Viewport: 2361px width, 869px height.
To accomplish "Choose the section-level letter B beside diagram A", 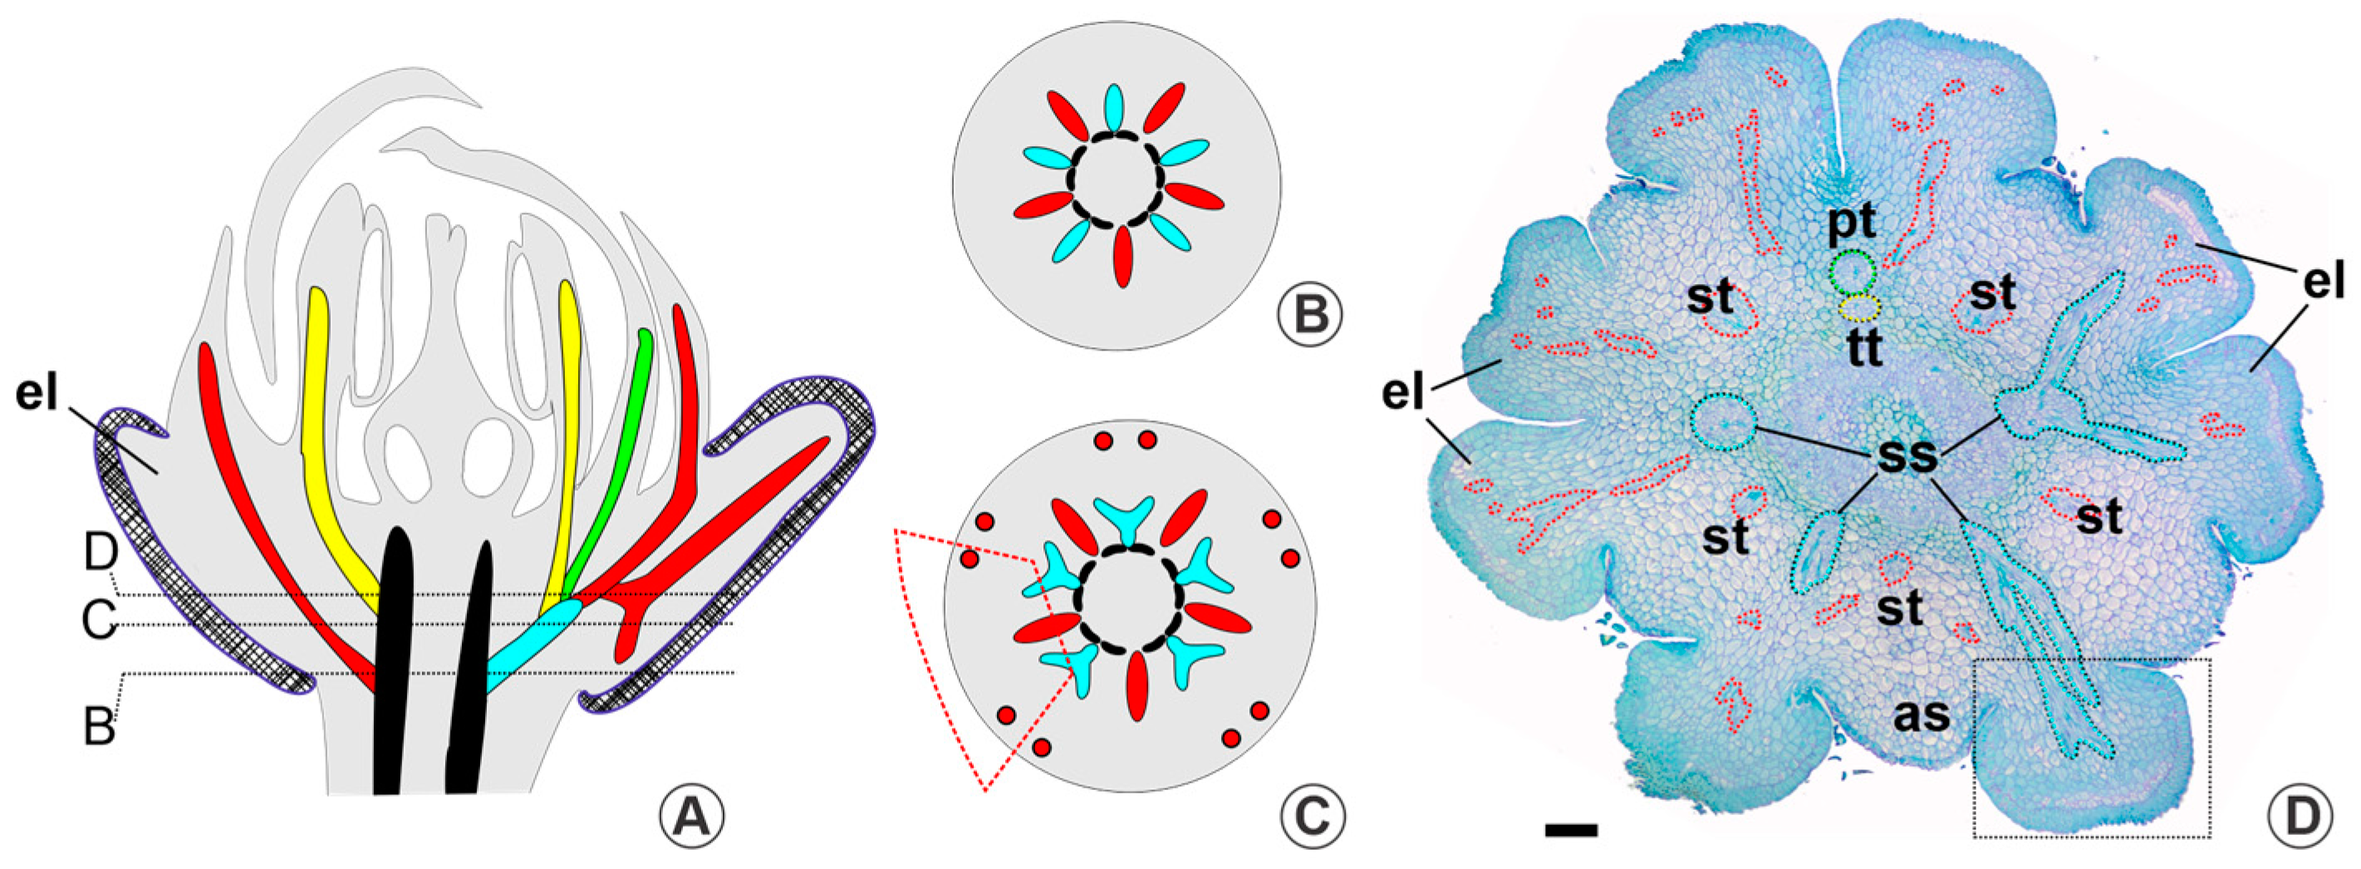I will click(x=98, y=729).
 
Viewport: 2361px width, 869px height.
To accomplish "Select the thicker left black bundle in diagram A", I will click(x=394, y=660).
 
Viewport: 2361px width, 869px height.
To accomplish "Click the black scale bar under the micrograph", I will click(x=1571, y=830).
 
